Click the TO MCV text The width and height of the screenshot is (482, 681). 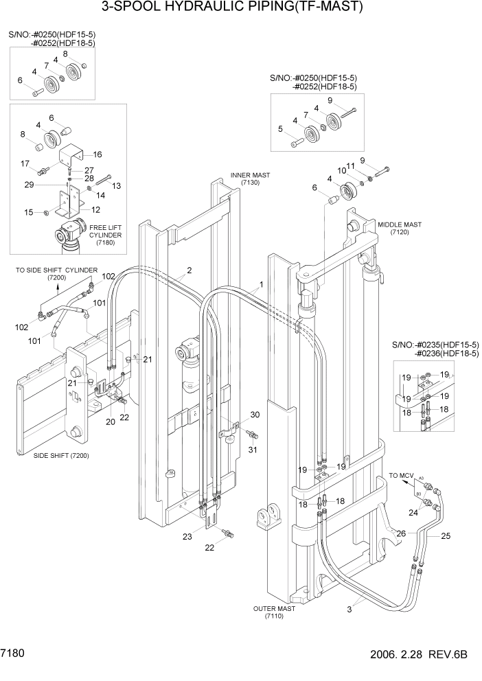click(402, 474)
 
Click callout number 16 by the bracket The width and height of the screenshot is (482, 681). click(97, 154)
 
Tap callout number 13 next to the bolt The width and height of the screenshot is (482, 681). click(116, 185)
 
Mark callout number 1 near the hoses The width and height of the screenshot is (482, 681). click(261, 284)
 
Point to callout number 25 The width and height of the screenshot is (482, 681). click(444, 535)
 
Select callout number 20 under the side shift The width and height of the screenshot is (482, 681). click(110, 422)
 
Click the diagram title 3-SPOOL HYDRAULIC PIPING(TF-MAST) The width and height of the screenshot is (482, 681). click(231, 8)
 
